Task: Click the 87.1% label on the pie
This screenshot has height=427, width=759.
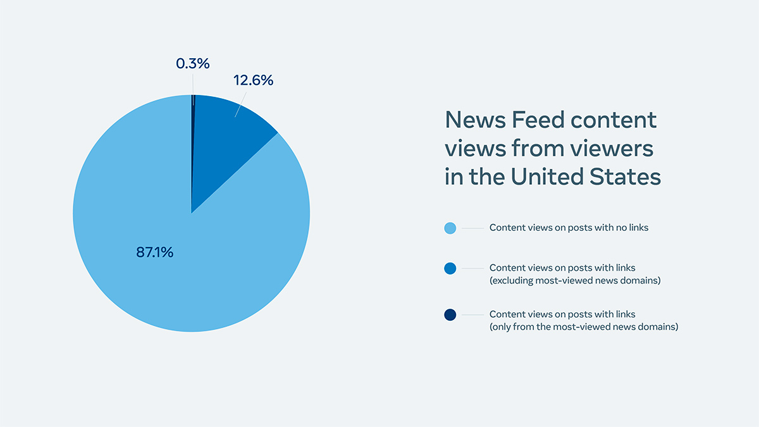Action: (154, 252)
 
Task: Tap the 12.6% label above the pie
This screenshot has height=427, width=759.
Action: (253, 81)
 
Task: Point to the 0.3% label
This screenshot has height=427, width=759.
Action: (192, 64)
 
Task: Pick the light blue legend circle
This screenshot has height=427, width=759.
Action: (450, 228)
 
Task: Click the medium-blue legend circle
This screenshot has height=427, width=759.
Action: (450, 268)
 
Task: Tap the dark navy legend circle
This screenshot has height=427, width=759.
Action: (450, 314)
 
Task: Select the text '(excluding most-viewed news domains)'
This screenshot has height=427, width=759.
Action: (575, 280)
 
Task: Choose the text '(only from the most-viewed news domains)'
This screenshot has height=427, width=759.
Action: (584, 326)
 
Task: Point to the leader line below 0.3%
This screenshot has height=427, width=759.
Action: (193, 84)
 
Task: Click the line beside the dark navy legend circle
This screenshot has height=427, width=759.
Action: (472, 314)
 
